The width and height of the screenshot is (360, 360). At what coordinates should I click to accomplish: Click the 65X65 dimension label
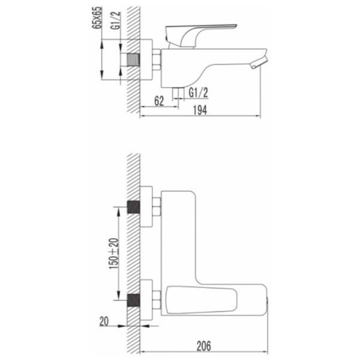(97, 17)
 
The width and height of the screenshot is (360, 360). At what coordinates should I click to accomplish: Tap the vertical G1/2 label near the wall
(115, 20)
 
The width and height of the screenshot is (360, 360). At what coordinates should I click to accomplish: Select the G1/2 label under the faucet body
(198, 92)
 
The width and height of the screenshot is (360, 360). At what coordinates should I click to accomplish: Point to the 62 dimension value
(159, 101)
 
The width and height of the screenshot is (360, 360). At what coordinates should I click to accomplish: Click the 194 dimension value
(200, 110)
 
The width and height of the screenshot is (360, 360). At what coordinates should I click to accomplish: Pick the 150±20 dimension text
(114, 253)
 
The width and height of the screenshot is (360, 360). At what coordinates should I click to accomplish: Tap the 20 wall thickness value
(104, 322)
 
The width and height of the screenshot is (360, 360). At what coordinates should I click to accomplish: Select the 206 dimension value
(203, 346)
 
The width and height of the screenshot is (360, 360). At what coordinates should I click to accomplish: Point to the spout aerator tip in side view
(259, 62)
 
